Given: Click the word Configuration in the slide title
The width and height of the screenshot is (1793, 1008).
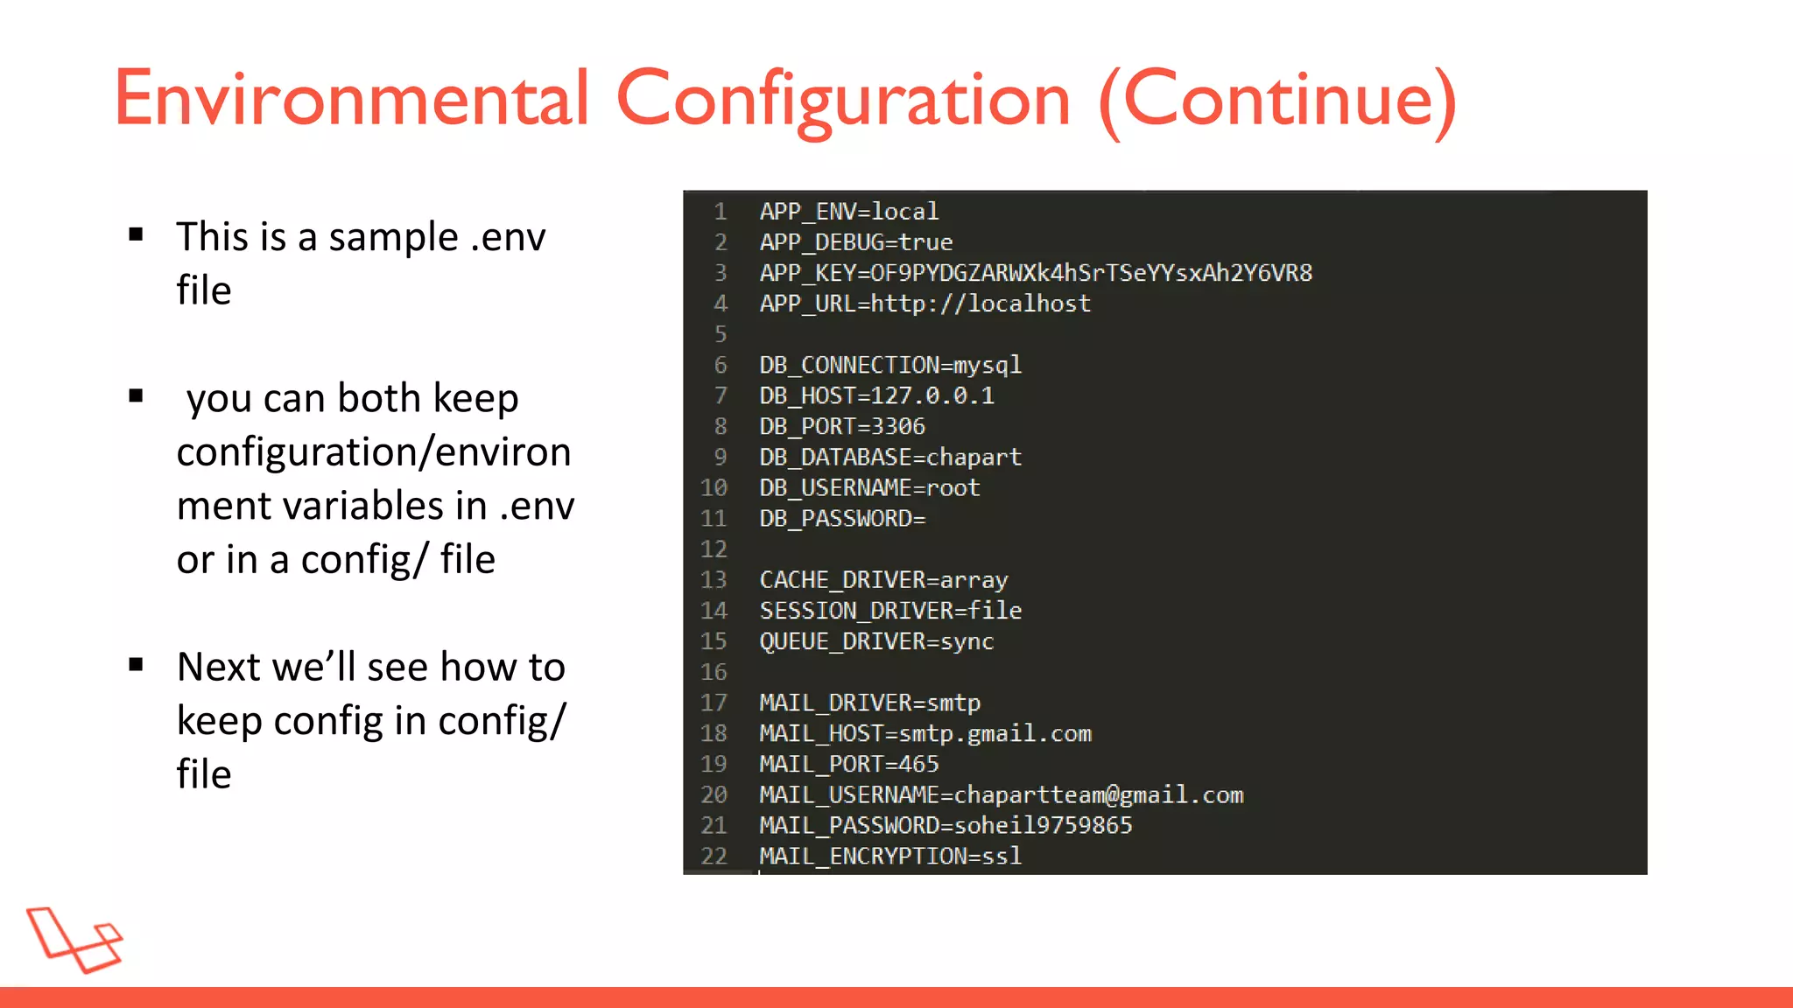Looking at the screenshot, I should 843,100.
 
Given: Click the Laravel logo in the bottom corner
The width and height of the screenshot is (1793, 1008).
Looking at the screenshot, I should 74,939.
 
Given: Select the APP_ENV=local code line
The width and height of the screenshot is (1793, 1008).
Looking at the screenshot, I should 848,212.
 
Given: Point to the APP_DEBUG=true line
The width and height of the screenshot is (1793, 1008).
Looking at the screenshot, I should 855,242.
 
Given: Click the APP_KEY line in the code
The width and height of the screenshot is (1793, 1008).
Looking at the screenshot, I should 1035,273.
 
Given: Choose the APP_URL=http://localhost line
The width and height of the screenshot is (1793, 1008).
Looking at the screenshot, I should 925,304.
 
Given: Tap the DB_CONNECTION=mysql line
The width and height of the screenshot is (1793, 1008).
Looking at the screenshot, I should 889,365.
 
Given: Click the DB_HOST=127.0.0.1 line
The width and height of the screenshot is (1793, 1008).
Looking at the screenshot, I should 876,395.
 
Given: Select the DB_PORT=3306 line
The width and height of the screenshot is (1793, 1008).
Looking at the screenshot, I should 841,426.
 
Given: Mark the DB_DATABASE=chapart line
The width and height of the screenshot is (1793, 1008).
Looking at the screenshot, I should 889,457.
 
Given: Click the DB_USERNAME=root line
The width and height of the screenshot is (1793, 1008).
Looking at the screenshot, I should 869,487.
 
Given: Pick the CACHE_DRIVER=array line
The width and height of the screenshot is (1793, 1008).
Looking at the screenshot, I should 883,580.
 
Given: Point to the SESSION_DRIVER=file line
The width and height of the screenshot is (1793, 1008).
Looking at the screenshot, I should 889,611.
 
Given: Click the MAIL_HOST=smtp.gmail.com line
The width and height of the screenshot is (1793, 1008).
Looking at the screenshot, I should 925,733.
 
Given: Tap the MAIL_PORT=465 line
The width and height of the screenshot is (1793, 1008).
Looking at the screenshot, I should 848,764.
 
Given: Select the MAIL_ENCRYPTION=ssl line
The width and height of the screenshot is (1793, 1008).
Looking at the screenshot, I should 889,856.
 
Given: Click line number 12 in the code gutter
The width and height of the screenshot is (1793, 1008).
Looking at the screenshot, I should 714,549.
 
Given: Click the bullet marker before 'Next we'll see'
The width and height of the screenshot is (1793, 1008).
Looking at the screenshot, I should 136,665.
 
